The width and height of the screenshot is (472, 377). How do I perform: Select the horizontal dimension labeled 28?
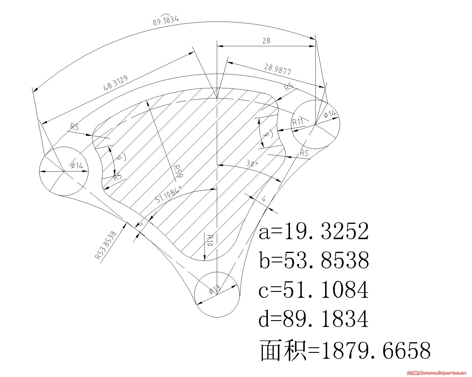[266, 41]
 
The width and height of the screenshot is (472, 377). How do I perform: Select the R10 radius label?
[209, 241]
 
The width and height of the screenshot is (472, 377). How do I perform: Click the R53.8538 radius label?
[106, 245]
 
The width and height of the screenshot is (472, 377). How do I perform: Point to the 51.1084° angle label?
[168, 194]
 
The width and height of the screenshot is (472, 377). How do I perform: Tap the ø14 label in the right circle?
[330, 114]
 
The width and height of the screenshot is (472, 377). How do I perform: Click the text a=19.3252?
[314, 231]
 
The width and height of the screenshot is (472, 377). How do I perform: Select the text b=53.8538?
[314, 260]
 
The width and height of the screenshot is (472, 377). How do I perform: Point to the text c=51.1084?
[314, 290]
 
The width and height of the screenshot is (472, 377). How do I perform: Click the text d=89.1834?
[314, 319]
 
